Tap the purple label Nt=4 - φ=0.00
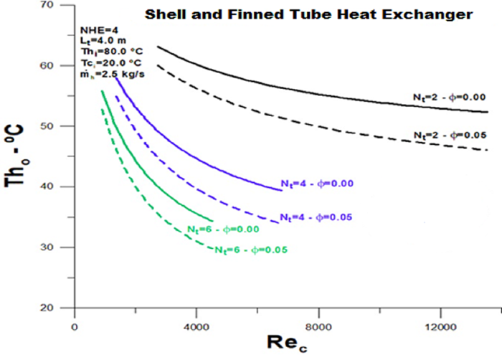(318, 182)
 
